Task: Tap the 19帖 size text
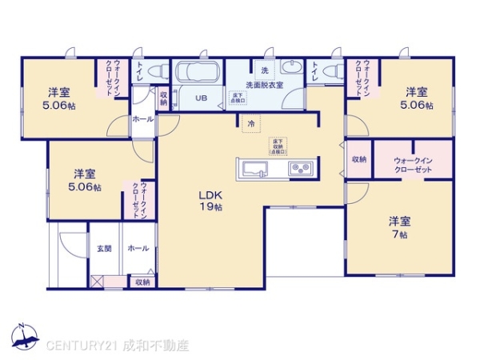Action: point(211,207)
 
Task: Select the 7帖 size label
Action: point(399,234)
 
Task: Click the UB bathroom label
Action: point(201,99)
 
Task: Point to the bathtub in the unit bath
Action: point(195,73)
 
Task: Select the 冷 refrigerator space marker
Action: point(251,124)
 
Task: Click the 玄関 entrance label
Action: point(104,249)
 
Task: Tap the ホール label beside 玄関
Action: point(137,249)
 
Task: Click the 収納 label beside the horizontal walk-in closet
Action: point(358,159)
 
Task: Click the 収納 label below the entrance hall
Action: point(142,282)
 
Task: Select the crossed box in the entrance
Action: point(97,281)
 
